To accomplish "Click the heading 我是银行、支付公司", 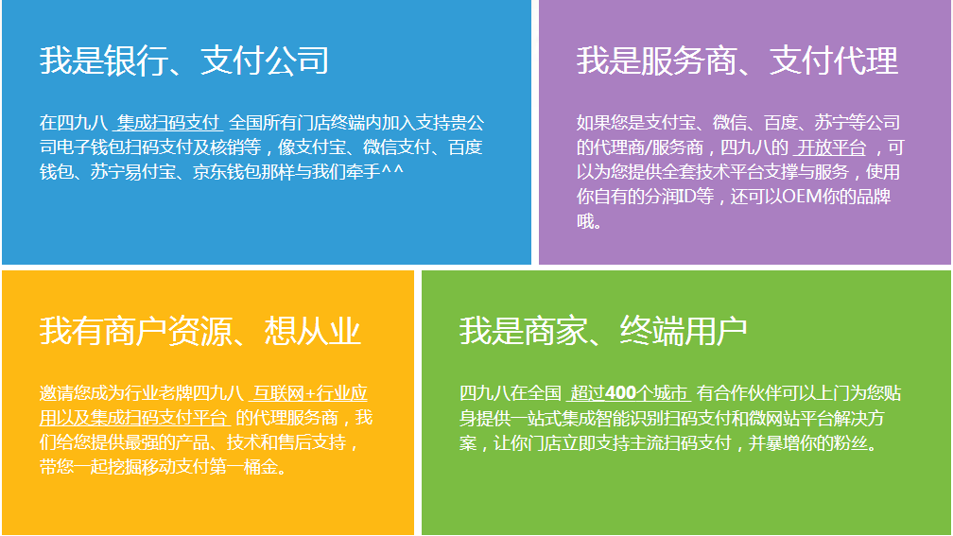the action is click(x=184, y=61).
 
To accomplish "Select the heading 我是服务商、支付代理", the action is click(x=737, y=61).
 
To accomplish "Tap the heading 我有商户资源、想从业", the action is click(x=200, y=331).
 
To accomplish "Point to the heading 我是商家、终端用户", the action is click(x=603, y=331).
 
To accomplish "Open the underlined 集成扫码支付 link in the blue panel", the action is click(x=167, y=123).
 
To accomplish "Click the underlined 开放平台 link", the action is click(x=831, y=147).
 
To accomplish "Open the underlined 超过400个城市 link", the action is click(x=629, y=393).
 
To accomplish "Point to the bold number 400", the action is click(x=620, y=393).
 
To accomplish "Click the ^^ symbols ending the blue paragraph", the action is click(x=392, y=169).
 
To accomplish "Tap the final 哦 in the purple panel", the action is click(x=584, y=220).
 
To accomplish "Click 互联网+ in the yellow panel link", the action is click(x=284, y=393).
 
